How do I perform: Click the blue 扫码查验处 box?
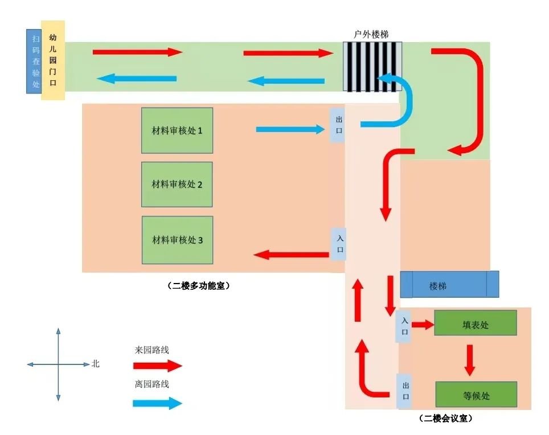(x=34, y=61)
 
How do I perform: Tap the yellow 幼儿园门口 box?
(x=53, y=60)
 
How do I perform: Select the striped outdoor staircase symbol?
(x=372, y=66)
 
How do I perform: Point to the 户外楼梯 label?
(x=371, y=34)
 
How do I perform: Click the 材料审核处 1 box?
(x=177, y=130)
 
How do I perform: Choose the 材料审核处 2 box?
(x=177, y=184)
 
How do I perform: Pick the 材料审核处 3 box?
(x=177, y=240)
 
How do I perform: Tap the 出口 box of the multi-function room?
(x=338, y=125)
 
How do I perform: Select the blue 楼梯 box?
(x=449, y=285)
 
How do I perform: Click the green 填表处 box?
(x=475, y=323)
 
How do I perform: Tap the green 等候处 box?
(x=476, y=395)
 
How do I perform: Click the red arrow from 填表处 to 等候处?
(x=469, y=359)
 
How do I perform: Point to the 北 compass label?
(x=95, y=363)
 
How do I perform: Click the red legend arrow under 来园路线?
(x=157, y=366)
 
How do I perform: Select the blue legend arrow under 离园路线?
(x=157, y=403)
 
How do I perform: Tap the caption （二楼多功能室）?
(x=199, y=286)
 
